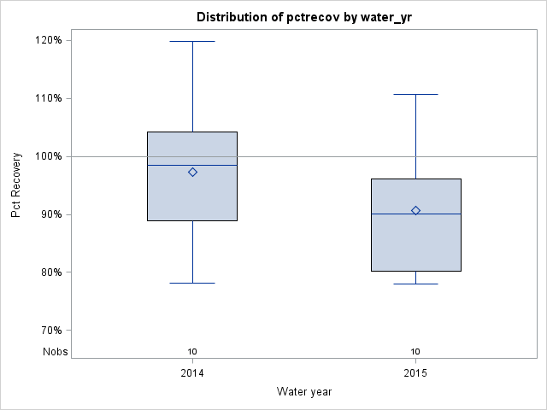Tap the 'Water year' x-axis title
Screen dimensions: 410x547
[x=303, y=391]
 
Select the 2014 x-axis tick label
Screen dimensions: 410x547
[x=192, y=374]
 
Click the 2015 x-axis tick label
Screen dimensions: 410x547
[x=415, y=374]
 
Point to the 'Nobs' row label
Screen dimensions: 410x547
[x=56, y=351]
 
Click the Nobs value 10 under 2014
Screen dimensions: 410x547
[x=192, y=351]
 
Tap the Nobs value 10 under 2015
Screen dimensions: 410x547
[x=415, y=351]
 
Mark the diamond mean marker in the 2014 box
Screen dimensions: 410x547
[x=192, y=172]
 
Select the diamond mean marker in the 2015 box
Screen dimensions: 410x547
[x=415, y=210]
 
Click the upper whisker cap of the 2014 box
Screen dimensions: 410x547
[x=192, y=41]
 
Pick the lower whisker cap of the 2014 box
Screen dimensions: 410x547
[x=192, y=283]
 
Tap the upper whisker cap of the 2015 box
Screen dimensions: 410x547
[x=415, y=94]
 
